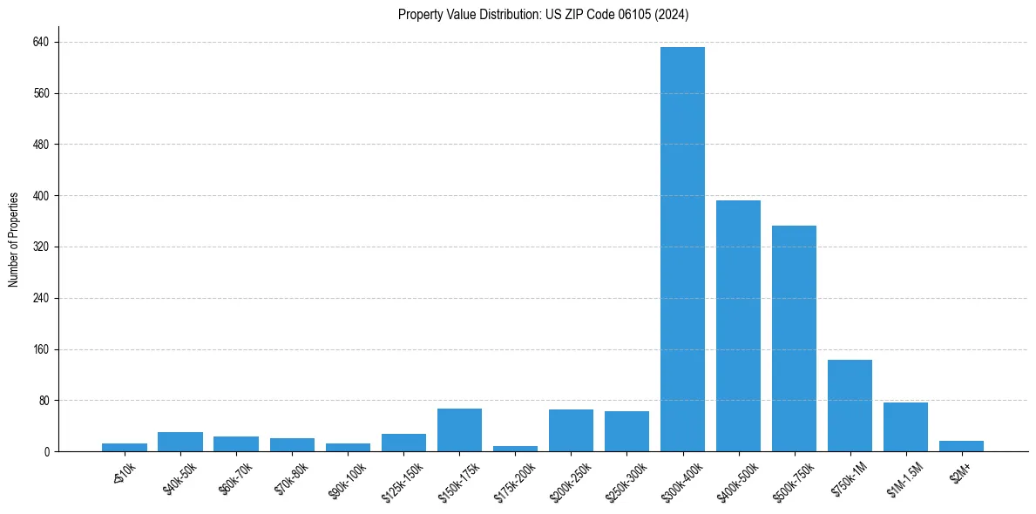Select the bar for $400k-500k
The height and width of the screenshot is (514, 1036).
point(738,326)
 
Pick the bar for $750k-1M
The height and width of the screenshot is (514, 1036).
point(850,405)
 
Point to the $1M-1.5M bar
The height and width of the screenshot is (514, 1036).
point(905,427)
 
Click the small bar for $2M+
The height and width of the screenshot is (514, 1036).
point(961,446)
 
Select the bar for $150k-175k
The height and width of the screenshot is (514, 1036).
point(459,429)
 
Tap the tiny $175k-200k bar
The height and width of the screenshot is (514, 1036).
point(515,449)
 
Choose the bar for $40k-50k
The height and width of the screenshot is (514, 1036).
point(180,442)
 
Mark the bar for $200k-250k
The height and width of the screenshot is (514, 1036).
point(571,430)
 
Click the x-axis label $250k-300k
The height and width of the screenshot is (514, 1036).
point(626,476)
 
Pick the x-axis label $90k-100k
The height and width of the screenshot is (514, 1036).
point(347,476)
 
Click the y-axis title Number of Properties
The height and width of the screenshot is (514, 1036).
point(14,240)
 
